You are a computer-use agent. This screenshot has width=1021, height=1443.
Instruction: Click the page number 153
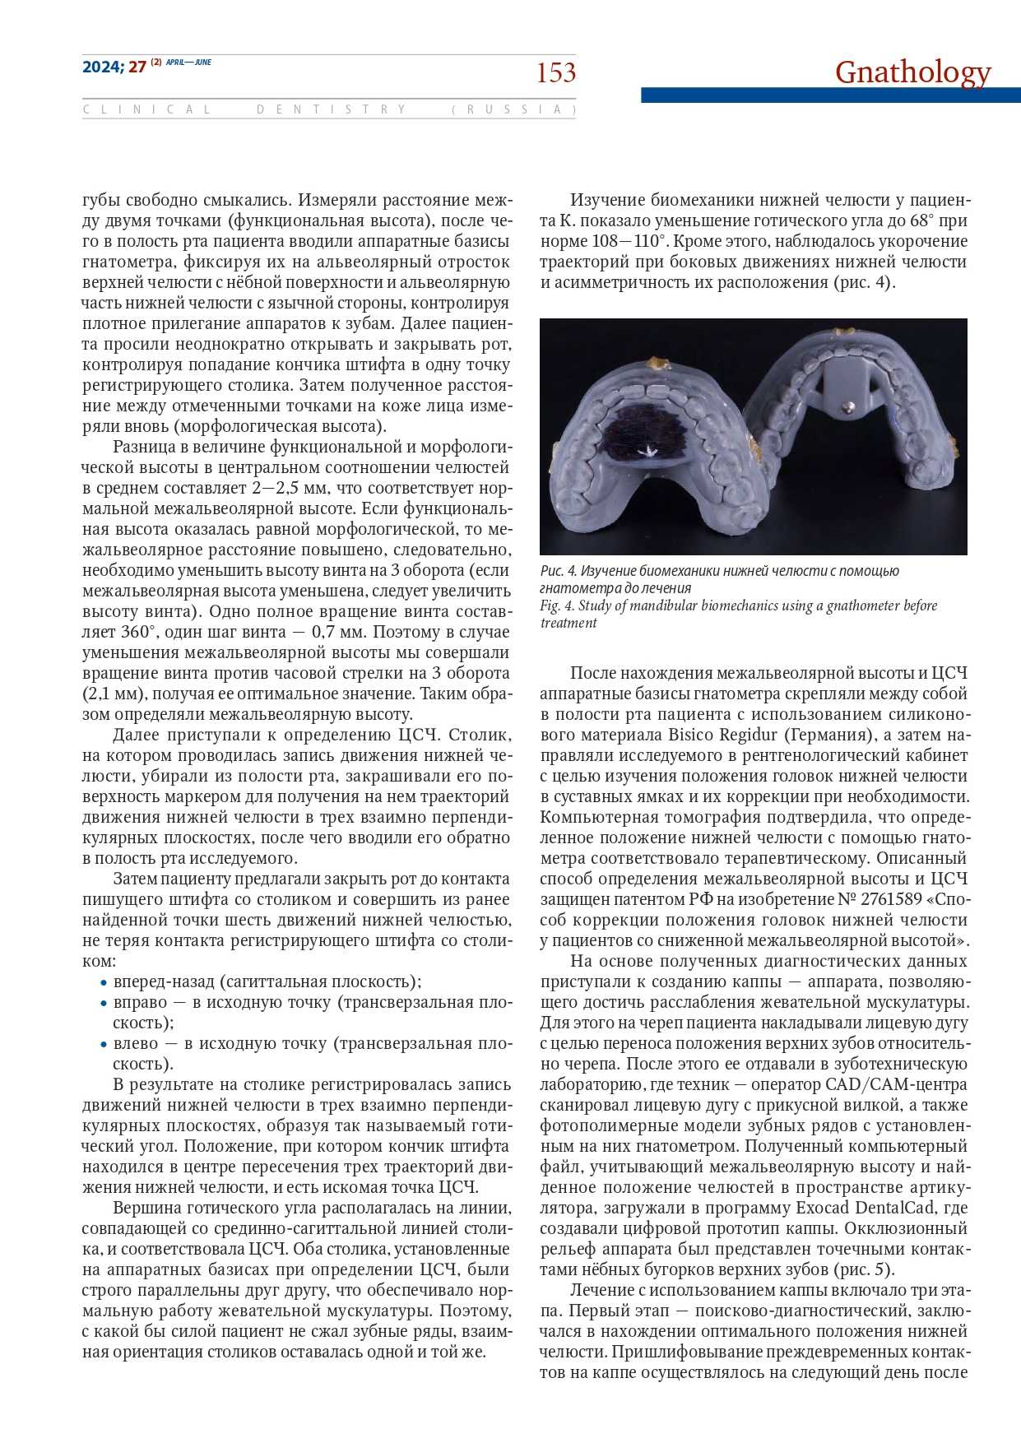[x=556, y=73]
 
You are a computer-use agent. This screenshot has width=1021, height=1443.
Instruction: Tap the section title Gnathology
[x=912, y=72]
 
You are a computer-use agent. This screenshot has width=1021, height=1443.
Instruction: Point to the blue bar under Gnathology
[x=830, y=95]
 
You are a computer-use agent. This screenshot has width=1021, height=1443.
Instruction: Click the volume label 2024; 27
[x=114, y=67]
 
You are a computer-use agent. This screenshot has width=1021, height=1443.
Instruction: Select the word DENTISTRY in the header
[x=332, y=109]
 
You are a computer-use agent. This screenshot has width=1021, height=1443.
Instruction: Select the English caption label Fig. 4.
[x=557, y=606]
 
